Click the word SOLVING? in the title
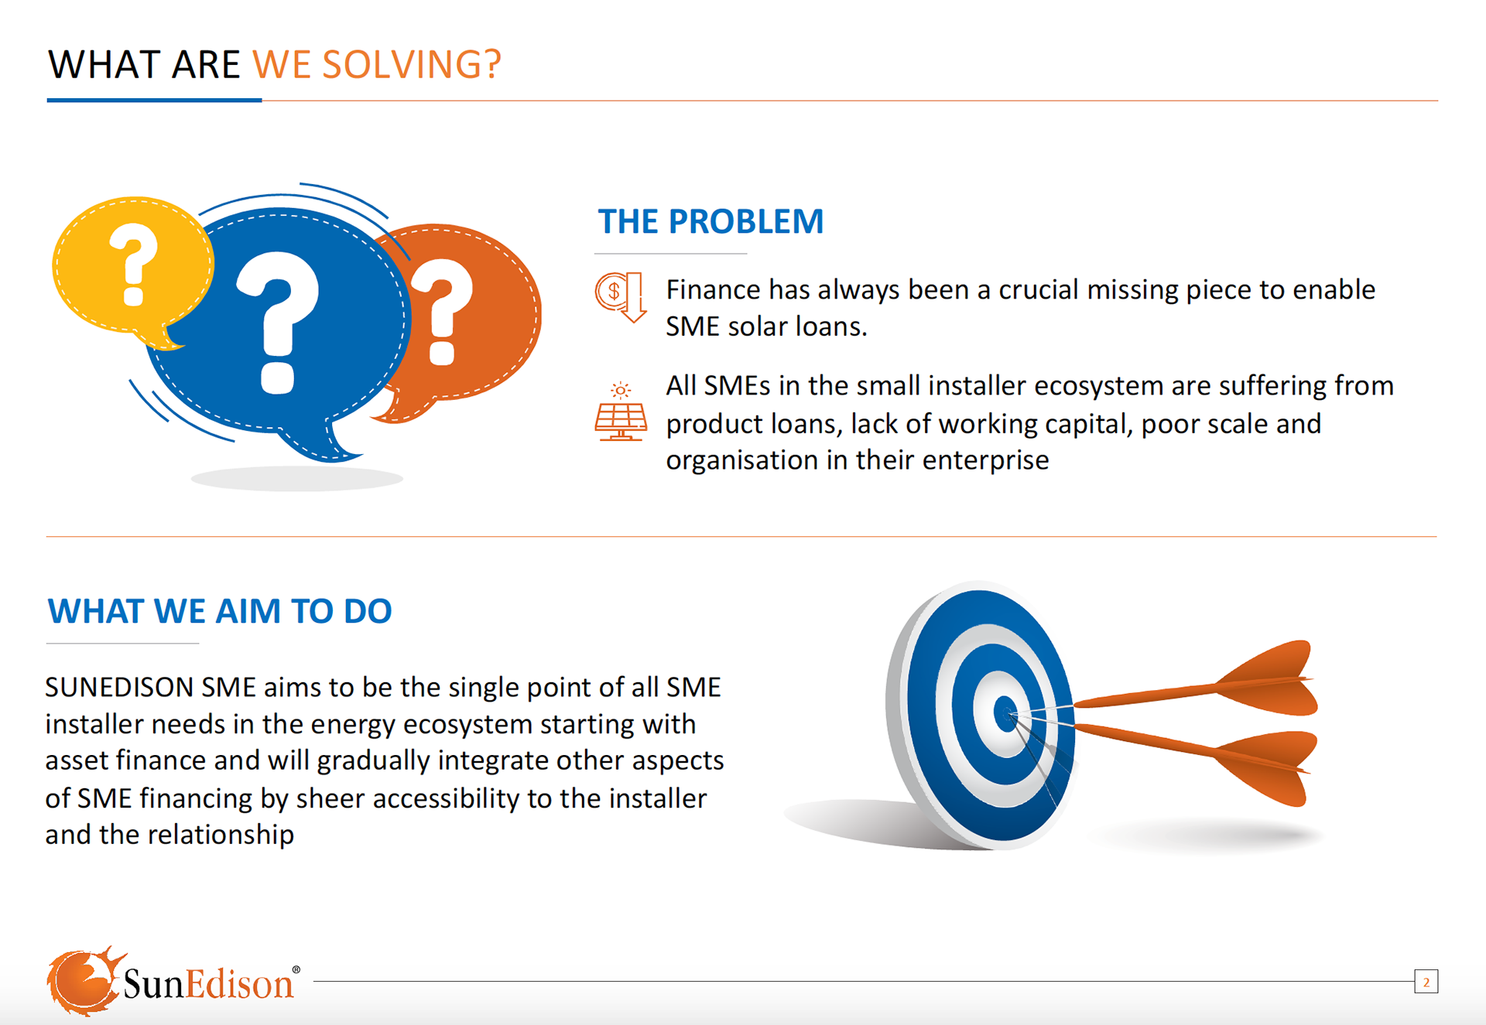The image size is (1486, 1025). pos(412,64)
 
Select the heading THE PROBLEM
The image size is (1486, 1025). pos(710,221)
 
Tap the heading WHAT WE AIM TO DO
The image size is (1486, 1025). pos(220,611)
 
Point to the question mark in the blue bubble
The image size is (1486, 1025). pos(277,322)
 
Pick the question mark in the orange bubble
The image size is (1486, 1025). pos(441,312)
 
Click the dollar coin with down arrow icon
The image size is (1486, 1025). pos(621,296)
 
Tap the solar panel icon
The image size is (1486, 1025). pos(621,412)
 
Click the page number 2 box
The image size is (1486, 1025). pos(1426,982)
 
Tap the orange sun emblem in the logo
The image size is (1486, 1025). pos(84,980)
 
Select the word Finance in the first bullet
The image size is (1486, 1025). pos(713,289)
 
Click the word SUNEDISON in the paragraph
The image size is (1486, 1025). pos(119,687)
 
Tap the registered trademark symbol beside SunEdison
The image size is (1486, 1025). pos(296,969)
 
